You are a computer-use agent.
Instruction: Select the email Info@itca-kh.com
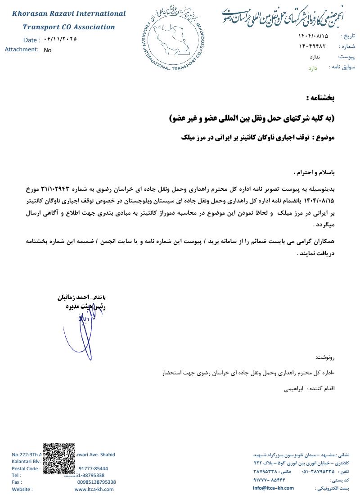tap(273, 488)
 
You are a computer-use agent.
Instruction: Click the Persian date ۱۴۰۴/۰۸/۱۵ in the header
tap(313, 36)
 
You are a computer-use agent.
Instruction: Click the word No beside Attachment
tap(48, 50)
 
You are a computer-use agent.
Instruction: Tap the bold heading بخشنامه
tap(320, 98)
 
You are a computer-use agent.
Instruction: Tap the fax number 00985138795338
tap(96, 482)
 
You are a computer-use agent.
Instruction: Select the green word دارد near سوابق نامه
tap(313, 68)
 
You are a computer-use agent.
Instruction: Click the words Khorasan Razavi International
tap(69, 13)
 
